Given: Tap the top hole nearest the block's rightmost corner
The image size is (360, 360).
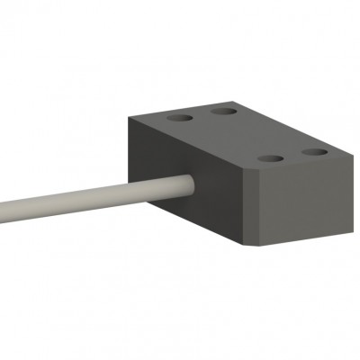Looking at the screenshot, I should pyautogui.click(x=315, y=152).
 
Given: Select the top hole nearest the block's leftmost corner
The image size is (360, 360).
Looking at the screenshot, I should pyautogui.click(x=180, y=117).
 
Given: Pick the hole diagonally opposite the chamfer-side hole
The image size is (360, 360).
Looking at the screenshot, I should pyautogui.click(x=224, y=112).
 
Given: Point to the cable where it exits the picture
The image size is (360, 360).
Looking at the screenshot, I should pyautogui.click(x=3, y=213).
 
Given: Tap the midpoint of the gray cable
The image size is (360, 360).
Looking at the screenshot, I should pyautogui.click(x=94, y=198).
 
